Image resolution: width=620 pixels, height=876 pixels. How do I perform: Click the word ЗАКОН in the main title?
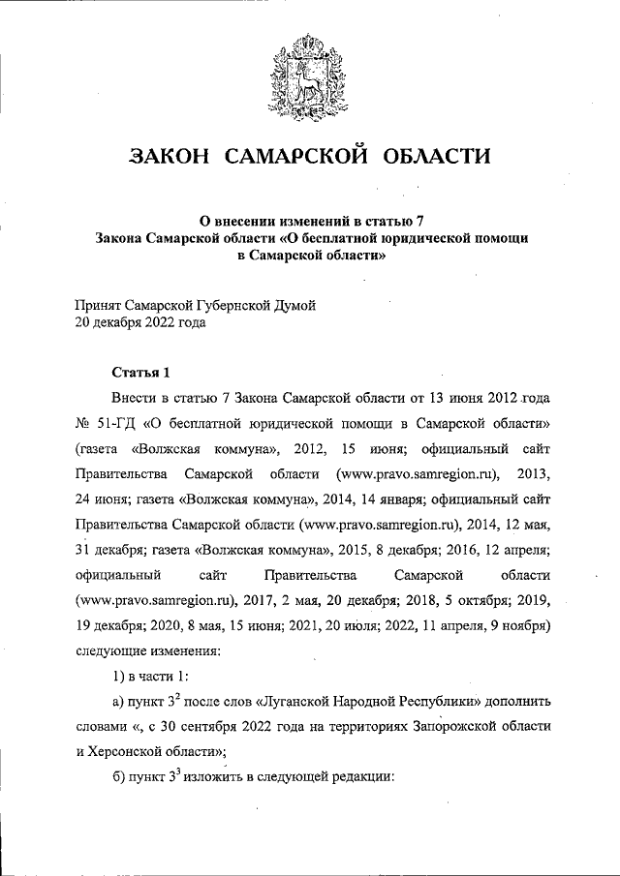tap(170, 156)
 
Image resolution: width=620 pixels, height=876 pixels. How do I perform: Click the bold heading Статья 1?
tap(140, 372)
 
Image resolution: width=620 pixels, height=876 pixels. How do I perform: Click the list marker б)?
tap(120, 782)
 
